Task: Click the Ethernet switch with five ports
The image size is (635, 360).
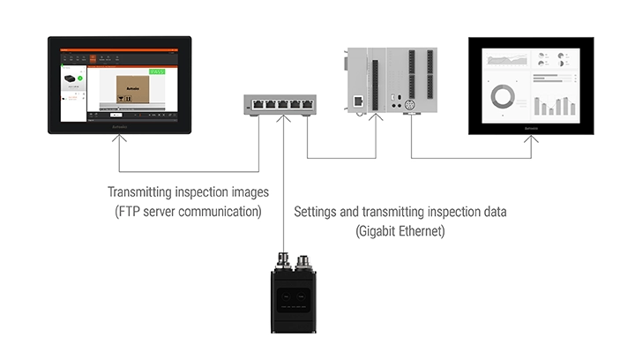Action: (x=281, y=104)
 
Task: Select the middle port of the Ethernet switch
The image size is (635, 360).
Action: (x=281, y=104)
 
